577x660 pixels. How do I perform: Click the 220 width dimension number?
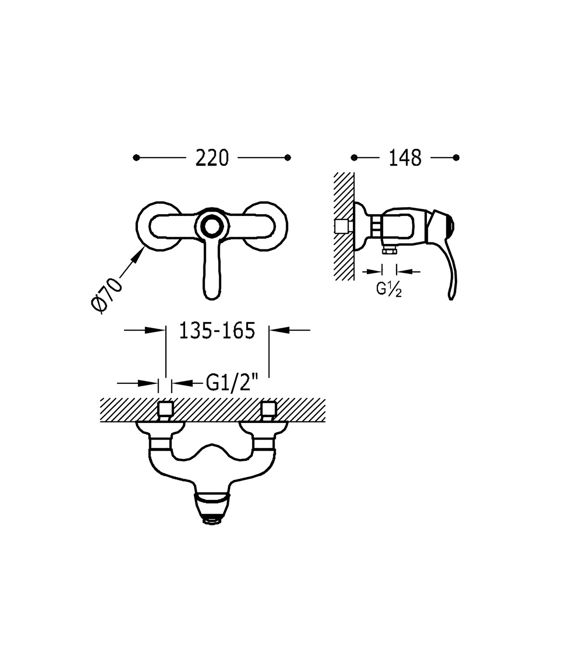(x=212, y=158)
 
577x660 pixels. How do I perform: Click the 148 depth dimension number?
(x=405, y=158)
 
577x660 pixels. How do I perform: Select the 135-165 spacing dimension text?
(x=217, y=330)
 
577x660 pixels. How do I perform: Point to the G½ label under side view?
(x=389, y=289)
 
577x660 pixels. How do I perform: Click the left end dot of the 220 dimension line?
(x=137, y=158)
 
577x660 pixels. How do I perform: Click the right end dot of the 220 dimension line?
(x=288, y=158)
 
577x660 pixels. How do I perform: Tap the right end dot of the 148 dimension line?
(x=456, y=158)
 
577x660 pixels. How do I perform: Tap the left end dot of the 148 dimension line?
(x=354, y=158)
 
